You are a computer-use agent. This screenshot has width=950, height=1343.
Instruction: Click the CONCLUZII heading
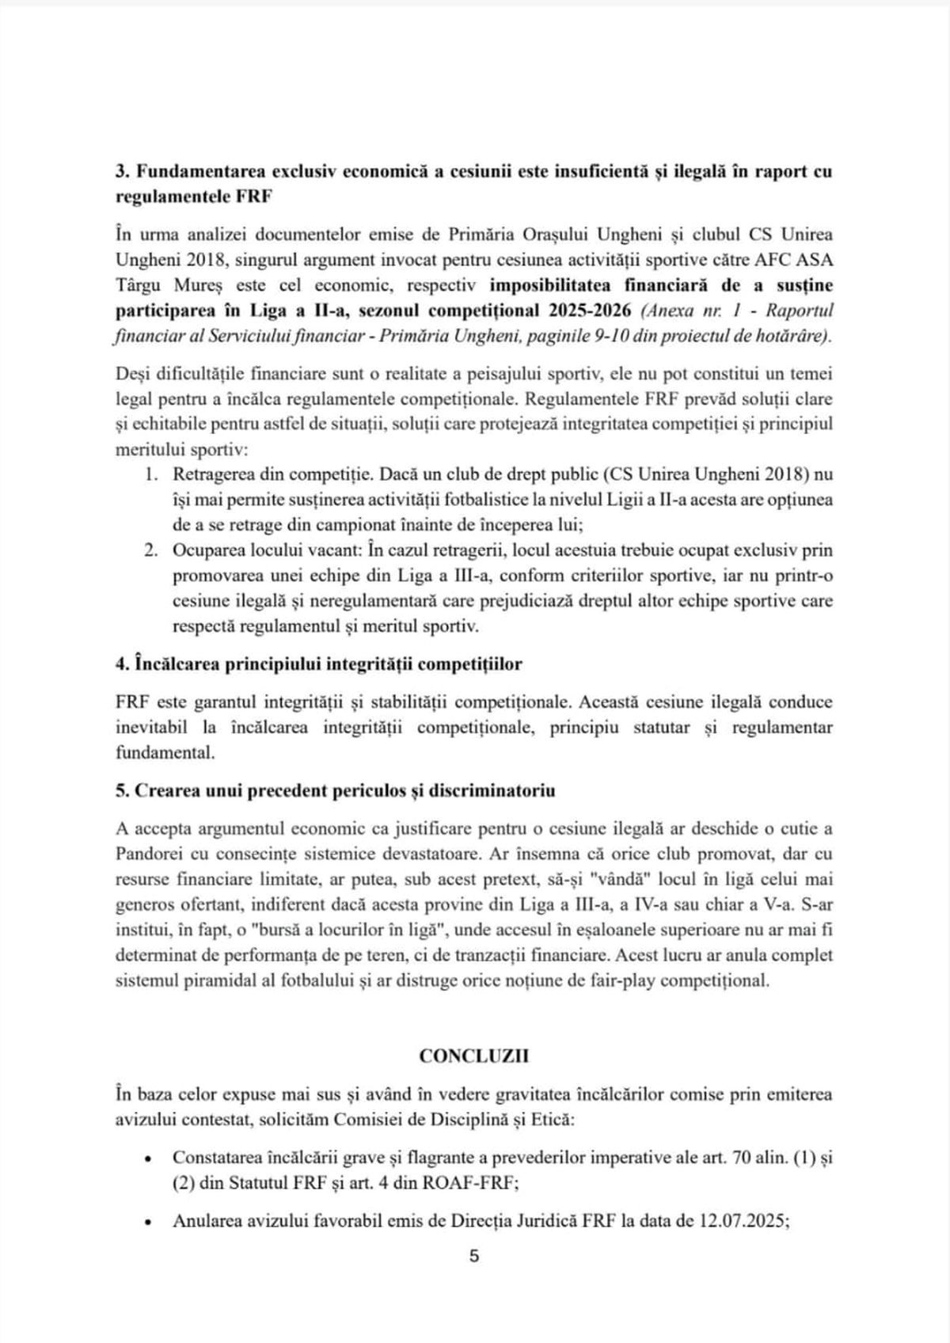[474, 1056]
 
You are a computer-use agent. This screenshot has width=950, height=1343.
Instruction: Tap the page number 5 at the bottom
[474, 1256]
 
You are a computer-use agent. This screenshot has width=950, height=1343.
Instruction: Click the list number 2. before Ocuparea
[152, 550]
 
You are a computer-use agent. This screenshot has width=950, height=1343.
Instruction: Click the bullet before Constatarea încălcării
[148, 1158]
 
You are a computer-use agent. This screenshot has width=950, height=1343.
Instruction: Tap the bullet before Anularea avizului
[148, 1222]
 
